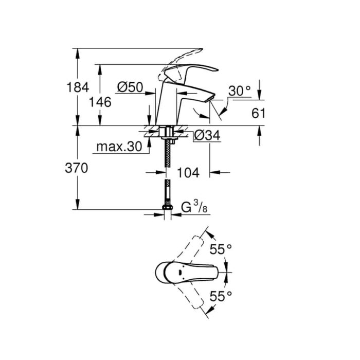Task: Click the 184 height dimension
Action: click(78, 87)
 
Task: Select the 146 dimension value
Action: click(100, 102)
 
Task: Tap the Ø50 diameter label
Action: click(130, 87)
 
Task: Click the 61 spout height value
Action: click(258, 113)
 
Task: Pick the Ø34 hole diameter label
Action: click(207, 135)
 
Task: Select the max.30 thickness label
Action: click(119, 147)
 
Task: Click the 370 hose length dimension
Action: click(77, 168)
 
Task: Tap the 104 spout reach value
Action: click(188, 172)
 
